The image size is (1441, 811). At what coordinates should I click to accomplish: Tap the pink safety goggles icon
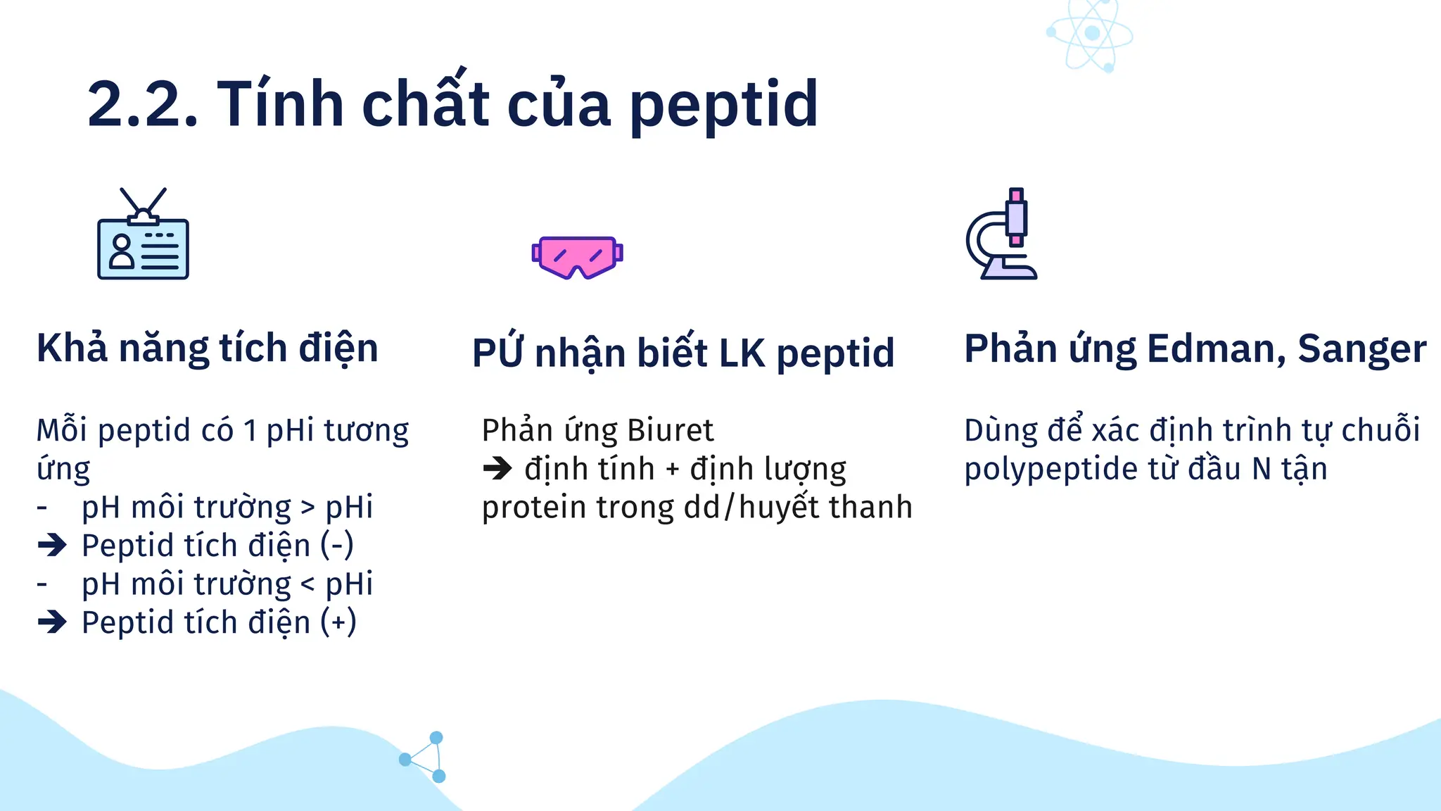[x=577, y=256]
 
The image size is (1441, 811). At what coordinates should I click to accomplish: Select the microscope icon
[x=1002, y=234]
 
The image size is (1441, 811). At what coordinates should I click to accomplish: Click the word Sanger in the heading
[x=1361, y=348]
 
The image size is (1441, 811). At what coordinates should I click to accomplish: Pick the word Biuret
[x=670, y=430]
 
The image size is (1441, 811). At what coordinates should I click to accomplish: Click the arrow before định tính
[x=498, y=469]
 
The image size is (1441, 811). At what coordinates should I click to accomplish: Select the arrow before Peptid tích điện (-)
[x=52, y=546]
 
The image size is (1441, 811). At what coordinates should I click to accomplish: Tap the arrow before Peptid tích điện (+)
[x=52, y=622]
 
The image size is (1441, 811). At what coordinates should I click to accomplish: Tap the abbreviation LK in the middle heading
[x=741, y=353]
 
